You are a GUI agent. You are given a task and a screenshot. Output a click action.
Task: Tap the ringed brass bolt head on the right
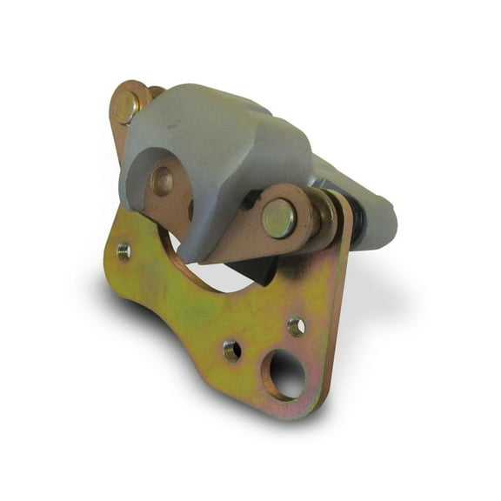click(278, 217)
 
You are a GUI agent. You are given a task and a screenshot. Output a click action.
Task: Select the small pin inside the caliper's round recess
click(162, 181)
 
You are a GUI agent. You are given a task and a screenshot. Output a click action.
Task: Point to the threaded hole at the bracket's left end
click(124, 251)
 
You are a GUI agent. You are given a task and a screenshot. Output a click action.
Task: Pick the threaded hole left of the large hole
click(231, 350)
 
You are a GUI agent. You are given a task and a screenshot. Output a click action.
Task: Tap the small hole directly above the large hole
click(296, 326)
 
